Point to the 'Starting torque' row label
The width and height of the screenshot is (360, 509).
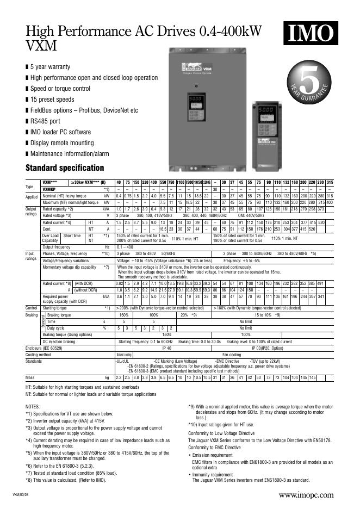[55, 308]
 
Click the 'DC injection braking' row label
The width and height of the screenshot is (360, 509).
[61, 341]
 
